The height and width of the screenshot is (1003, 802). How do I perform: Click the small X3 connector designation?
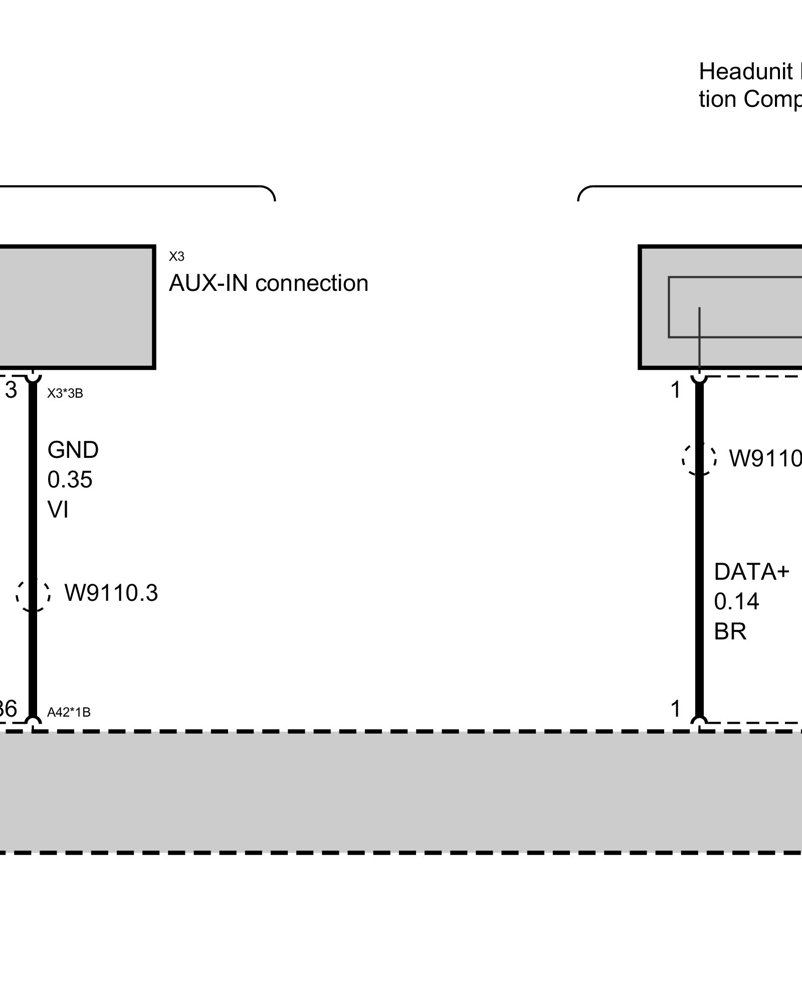pos(176,257)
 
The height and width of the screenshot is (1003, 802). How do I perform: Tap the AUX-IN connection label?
pos(268,283)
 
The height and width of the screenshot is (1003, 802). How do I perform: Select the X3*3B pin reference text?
pos(65,394)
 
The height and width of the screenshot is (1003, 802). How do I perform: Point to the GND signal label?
pos(73,450)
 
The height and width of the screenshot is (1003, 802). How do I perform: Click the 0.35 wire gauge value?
pos(70,480)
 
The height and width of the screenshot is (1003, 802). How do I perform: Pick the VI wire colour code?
pos(58,510)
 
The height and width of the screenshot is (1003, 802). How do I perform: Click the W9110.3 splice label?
pos(111,593)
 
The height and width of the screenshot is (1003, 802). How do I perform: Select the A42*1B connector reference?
pos(69,712)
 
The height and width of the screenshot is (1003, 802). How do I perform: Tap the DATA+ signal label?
pos(751,572)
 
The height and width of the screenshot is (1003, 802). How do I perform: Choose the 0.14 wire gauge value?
pos(736,601)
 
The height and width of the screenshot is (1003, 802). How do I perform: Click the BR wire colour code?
pos(730,631)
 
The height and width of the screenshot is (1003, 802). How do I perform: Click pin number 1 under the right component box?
pos(676,390)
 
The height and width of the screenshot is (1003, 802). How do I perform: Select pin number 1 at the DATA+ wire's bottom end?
pos(676,709)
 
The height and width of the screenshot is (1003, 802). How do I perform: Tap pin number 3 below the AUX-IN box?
pos(11,390)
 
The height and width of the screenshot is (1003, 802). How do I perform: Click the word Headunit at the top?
pos(745,72)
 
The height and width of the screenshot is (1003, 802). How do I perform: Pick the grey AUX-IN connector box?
pos(75,307)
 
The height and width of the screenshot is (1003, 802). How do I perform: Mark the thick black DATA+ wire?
pos(699,552)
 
